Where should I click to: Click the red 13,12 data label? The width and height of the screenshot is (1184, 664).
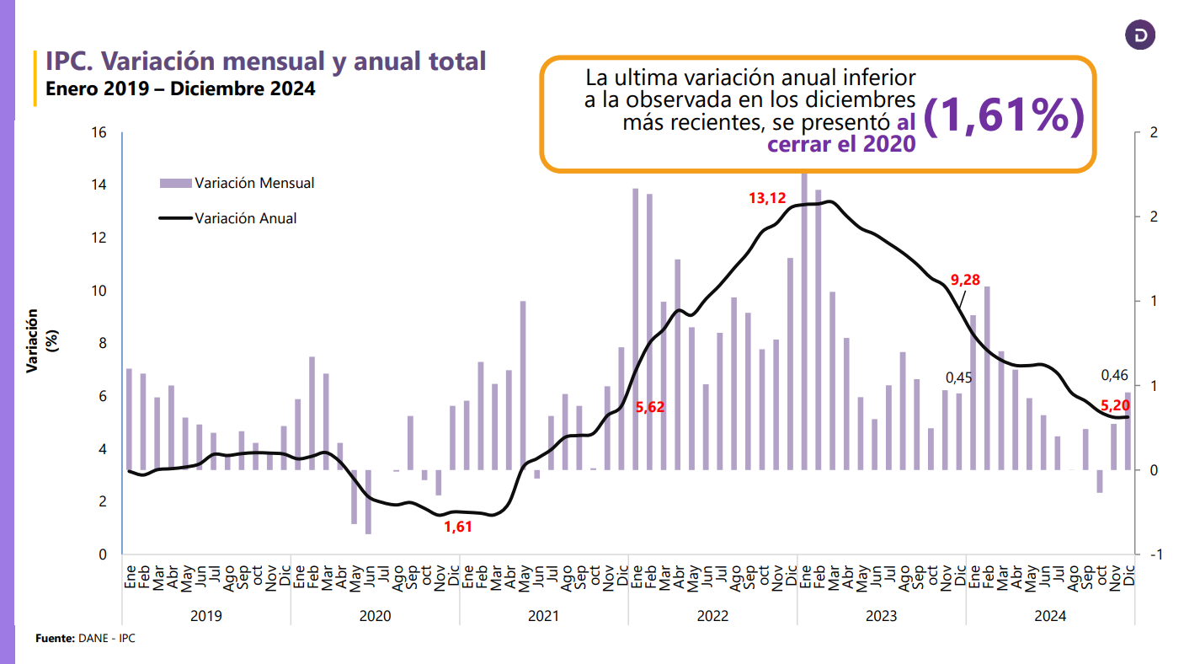coord(766,199)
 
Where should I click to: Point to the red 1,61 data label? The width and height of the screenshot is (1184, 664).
coord(458,527)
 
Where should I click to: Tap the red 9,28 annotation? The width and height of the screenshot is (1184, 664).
coord(965,280)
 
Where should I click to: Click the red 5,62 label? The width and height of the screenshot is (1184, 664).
coord(649,407)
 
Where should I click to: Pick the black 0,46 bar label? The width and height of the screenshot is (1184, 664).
coord(1115,375)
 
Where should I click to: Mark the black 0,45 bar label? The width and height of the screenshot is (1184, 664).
coord(958,378)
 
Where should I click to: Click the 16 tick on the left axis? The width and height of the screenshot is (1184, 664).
coord(99,132)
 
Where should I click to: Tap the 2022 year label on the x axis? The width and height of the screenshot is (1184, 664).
coord(712,616)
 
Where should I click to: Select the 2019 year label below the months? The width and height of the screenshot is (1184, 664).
coord(206,616)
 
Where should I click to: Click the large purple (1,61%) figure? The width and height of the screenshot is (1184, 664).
coord(1004,118)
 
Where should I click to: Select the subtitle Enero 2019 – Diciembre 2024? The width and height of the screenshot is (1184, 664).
coord(180,88)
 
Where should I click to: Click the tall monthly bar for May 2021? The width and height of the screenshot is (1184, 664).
coord(523,385)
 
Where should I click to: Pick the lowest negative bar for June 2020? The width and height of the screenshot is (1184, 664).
coord(368,501)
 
